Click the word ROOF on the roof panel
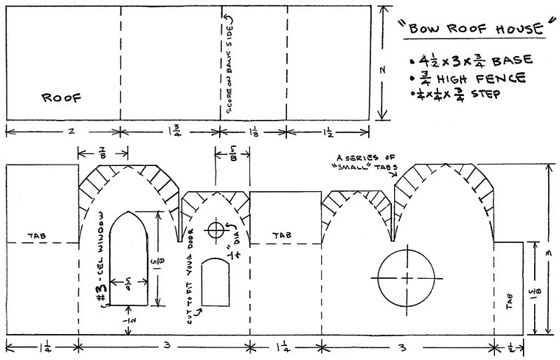62,97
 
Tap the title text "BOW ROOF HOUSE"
476,28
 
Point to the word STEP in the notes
485,94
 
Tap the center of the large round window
407,278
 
